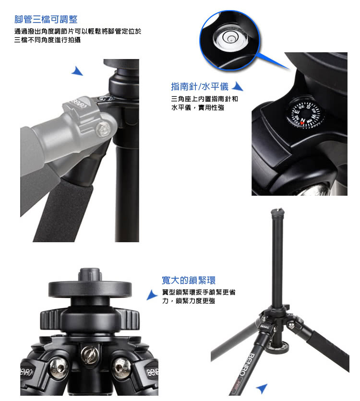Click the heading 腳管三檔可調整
(46, 20)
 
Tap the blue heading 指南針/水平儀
(200, 86)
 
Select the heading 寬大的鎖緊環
(189, 280)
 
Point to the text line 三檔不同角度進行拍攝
(48, 40)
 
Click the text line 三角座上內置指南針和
(204, 99)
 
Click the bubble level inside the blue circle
(230, 38)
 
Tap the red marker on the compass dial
(302, 123)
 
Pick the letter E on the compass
(297, 112)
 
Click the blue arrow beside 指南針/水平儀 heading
(237, 86)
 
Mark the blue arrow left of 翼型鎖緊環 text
(152, 295)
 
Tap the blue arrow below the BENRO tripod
(262, 388)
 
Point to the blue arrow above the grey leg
(77, 71)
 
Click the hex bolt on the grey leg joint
(103, 129)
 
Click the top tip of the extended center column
(277, 210)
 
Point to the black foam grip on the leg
(63, 211)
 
